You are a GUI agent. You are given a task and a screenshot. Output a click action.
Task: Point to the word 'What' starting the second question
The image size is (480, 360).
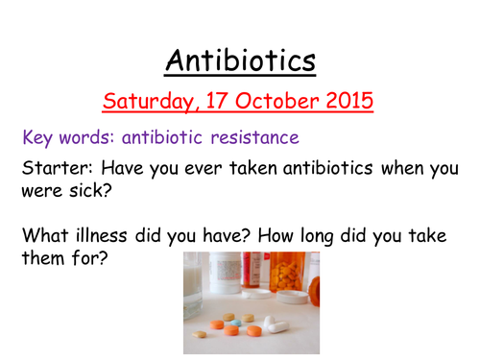[x=44, y=232]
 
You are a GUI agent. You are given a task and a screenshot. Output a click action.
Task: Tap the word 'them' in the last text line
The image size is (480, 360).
[x=43, y=255]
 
